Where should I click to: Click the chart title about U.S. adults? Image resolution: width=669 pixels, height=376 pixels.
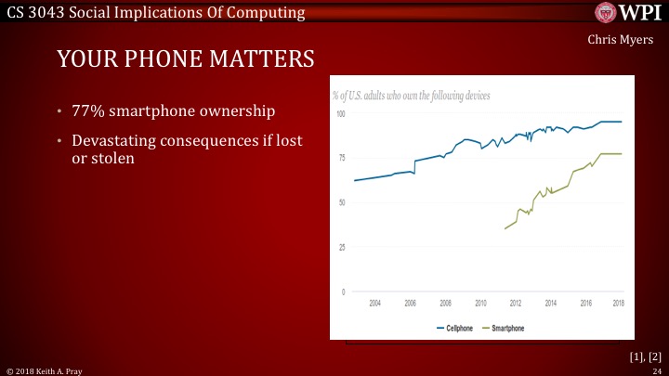click(x=411, y=96)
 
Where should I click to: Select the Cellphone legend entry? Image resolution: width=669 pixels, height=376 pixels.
click(x=455, y=329)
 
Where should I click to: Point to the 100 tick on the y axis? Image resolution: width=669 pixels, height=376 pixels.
click(x=340, y=113)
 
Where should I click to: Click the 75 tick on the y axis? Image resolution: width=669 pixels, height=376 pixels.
click(x=341, y=158)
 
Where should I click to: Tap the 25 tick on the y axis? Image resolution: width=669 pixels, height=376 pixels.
click(x=341, y=247)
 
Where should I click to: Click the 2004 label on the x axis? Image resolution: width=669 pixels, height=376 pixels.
click(x=374, y=304)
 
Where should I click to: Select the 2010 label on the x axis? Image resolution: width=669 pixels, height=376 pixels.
click(x=480, y=304)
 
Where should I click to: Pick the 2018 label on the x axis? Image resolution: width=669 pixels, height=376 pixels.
click(x=618, y=304)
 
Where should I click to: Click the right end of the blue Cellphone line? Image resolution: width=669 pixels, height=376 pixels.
click(x=622, y=122)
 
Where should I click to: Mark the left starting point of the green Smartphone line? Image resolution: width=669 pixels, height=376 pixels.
click(x=505, y=228)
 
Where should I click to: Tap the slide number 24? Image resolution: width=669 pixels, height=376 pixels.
click(x=656, y=370)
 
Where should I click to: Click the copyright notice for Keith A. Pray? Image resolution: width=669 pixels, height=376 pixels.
click(x=45, y=370)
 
